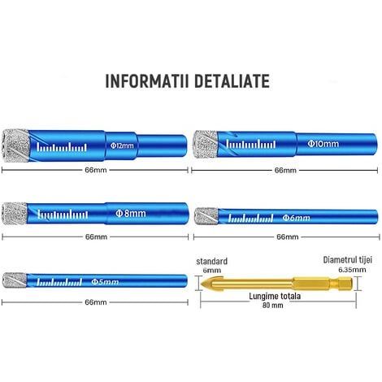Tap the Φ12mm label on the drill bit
(122, 145)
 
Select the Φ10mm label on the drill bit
(323, 143)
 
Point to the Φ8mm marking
(131, 214)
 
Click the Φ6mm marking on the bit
(297, 218)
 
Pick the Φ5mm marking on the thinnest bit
(105, 282)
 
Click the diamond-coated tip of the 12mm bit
(15, 145)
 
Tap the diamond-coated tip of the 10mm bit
(206, 144)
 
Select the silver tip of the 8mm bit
(15, 214)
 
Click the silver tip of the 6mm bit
(206, 216)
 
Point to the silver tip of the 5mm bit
(15, 280)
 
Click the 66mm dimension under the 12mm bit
(96, 170)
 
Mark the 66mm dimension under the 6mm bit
(288, 237)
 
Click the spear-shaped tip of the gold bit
(212, 284)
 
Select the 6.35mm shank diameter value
(352, 270)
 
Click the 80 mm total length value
(273, 306)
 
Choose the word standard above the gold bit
(212, 262)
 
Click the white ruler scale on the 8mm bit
(63, 214)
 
